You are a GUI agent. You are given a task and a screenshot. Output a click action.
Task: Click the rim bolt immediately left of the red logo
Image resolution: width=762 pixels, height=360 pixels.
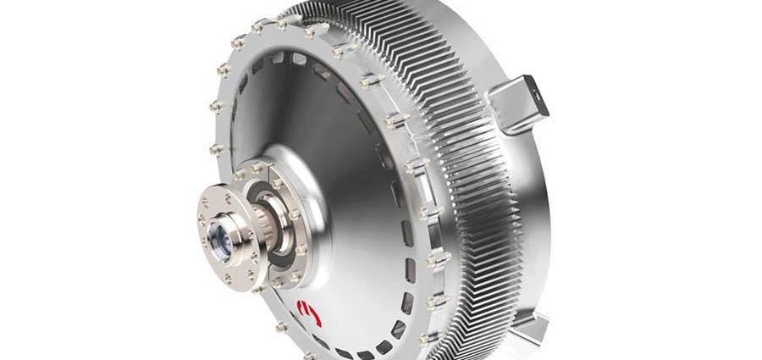tap(280, 327)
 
